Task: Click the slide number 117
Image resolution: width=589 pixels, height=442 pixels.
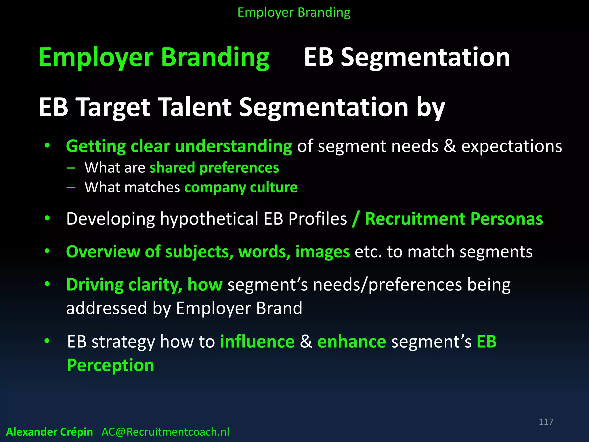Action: [x=546, y=422]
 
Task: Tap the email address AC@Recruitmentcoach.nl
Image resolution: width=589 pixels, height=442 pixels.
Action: [x=165, y=432]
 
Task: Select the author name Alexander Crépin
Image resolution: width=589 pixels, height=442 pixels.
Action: [x=49, y=432]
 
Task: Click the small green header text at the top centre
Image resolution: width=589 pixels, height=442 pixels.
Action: [x=294, y=13]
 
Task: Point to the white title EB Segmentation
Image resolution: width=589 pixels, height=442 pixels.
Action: [x=407, y=57]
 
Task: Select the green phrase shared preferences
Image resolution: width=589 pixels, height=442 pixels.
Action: [x=214, y=167]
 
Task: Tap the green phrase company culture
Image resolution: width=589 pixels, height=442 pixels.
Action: [x=241, y=187]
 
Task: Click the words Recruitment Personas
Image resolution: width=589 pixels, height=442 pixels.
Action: [x=454, y=219]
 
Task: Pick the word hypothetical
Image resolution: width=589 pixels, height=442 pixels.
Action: [x=209, y=219]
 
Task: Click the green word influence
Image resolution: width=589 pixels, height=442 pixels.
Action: [x=257, y=342]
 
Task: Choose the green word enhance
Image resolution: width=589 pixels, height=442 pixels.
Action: [x=351, y=342]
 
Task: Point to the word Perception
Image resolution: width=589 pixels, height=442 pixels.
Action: [x=110, y=365]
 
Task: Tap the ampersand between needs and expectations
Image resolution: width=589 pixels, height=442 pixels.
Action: [x=450, y=146]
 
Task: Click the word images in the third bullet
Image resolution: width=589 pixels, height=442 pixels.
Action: [x=322, y=252]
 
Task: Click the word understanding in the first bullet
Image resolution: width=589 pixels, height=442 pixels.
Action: [x=233, y=146]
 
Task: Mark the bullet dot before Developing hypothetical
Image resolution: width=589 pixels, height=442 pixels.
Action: [x=47, y=218]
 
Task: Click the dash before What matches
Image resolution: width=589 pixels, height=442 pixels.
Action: [x=70, y=188]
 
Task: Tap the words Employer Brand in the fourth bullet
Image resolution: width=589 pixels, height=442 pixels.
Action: [x=239, y=308]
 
